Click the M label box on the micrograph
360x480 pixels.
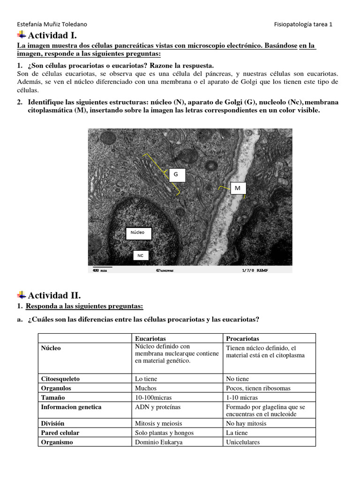tap(237, 188)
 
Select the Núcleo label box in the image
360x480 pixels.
tap(138, 233)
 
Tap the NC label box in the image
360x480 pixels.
tap(140, 255)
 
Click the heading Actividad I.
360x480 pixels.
tap(52, 36)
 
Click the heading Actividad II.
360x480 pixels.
tap(54, 295)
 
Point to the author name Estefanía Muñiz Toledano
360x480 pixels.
tap(52, 24)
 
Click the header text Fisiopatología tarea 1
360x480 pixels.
tap(303, 24)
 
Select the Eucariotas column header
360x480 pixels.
tap(150, 338)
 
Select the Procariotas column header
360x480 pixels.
tap(242, 338)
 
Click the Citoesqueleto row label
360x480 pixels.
tap(60, 379)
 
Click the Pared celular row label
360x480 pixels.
tap(60, 433)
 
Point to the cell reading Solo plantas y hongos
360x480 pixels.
tap(164, 433)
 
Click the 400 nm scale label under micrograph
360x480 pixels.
tap(99, 270)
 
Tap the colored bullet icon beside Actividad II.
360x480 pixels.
tap(22, 295)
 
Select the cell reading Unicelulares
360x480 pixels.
tap(243, 442)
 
